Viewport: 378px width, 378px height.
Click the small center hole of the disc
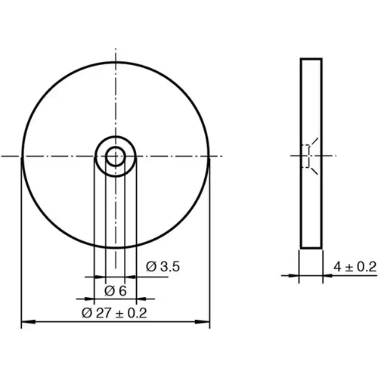(115, 157)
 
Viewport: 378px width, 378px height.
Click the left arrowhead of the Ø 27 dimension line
(25, 324)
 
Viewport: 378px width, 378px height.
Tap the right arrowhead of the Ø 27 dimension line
(206, 324)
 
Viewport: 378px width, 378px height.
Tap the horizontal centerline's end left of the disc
(5, 157)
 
